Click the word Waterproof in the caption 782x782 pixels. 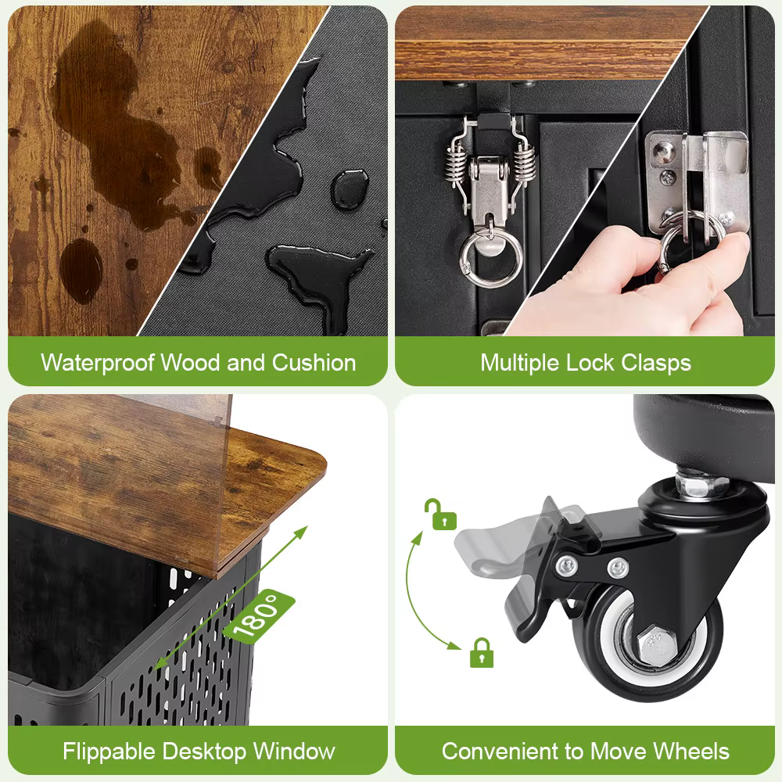(98, 363)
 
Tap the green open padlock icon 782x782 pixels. (440, 515)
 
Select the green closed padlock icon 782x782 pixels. (481, 652)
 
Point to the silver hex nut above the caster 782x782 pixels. (698, 486)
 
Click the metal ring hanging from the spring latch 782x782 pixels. (491, 260)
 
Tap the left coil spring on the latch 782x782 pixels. (455, 162)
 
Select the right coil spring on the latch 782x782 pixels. (525, 162)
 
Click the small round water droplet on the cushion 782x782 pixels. (350, 188)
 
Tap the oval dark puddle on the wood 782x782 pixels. (81, 271)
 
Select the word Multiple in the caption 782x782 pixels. (520, 363)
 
